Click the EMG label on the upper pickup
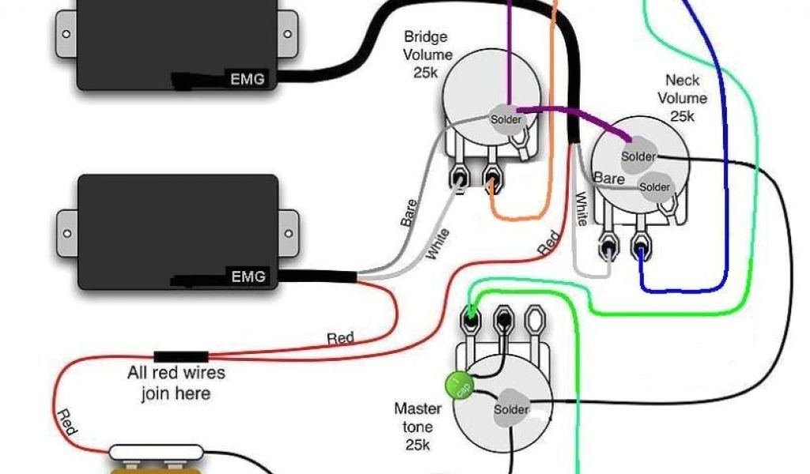247,79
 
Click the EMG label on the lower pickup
247,276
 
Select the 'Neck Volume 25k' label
685,98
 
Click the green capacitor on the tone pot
456,385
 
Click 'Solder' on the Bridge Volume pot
506,119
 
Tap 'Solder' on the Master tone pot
511,410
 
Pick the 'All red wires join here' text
176,382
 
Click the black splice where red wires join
181,356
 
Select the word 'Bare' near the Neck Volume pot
609,179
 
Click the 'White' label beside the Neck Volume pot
581,209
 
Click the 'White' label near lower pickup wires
437,244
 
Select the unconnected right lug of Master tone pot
535,322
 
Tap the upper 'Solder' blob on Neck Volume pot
638,156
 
